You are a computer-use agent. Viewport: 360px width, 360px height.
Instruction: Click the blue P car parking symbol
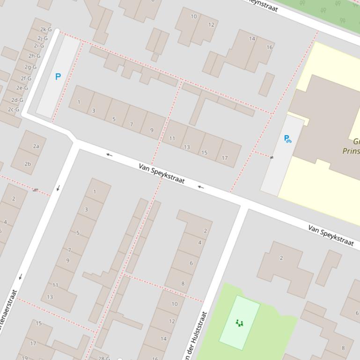click(x=58, y=77)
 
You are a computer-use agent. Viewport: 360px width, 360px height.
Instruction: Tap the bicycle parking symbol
click(x=287, y=139)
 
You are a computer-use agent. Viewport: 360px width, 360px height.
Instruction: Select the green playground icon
click(x=239, y=323)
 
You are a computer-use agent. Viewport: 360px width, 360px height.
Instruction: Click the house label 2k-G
click(x=46, y=29)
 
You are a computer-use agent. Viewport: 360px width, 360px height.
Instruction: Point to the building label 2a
click(x=36, y=146)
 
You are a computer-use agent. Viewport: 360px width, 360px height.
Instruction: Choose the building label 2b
click(x=28, y=164)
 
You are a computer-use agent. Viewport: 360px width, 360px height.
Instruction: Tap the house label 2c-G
click(x=14, y=109)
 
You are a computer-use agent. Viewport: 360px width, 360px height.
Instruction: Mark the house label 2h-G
click(x=34, y=56)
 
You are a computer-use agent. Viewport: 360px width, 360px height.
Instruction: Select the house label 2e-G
click(x=22, y=87)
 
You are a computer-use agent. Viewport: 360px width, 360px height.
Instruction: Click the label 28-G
click(x=104, y=358)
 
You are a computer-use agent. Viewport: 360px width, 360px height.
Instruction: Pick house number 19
click(x=24, y=358)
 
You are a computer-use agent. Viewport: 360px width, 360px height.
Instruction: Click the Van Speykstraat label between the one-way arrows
click(x=162, y=173)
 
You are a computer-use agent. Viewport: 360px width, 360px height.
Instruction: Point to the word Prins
click(x=351, y=151)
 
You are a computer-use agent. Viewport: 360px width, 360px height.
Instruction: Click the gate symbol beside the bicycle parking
click(x=272, y=158)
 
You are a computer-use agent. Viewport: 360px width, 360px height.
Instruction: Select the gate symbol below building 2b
click(x=36, y=190)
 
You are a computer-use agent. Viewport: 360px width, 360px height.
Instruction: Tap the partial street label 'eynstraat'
click(x=263, y=5)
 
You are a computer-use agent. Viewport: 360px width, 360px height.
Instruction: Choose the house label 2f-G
click(x=26, y=78)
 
